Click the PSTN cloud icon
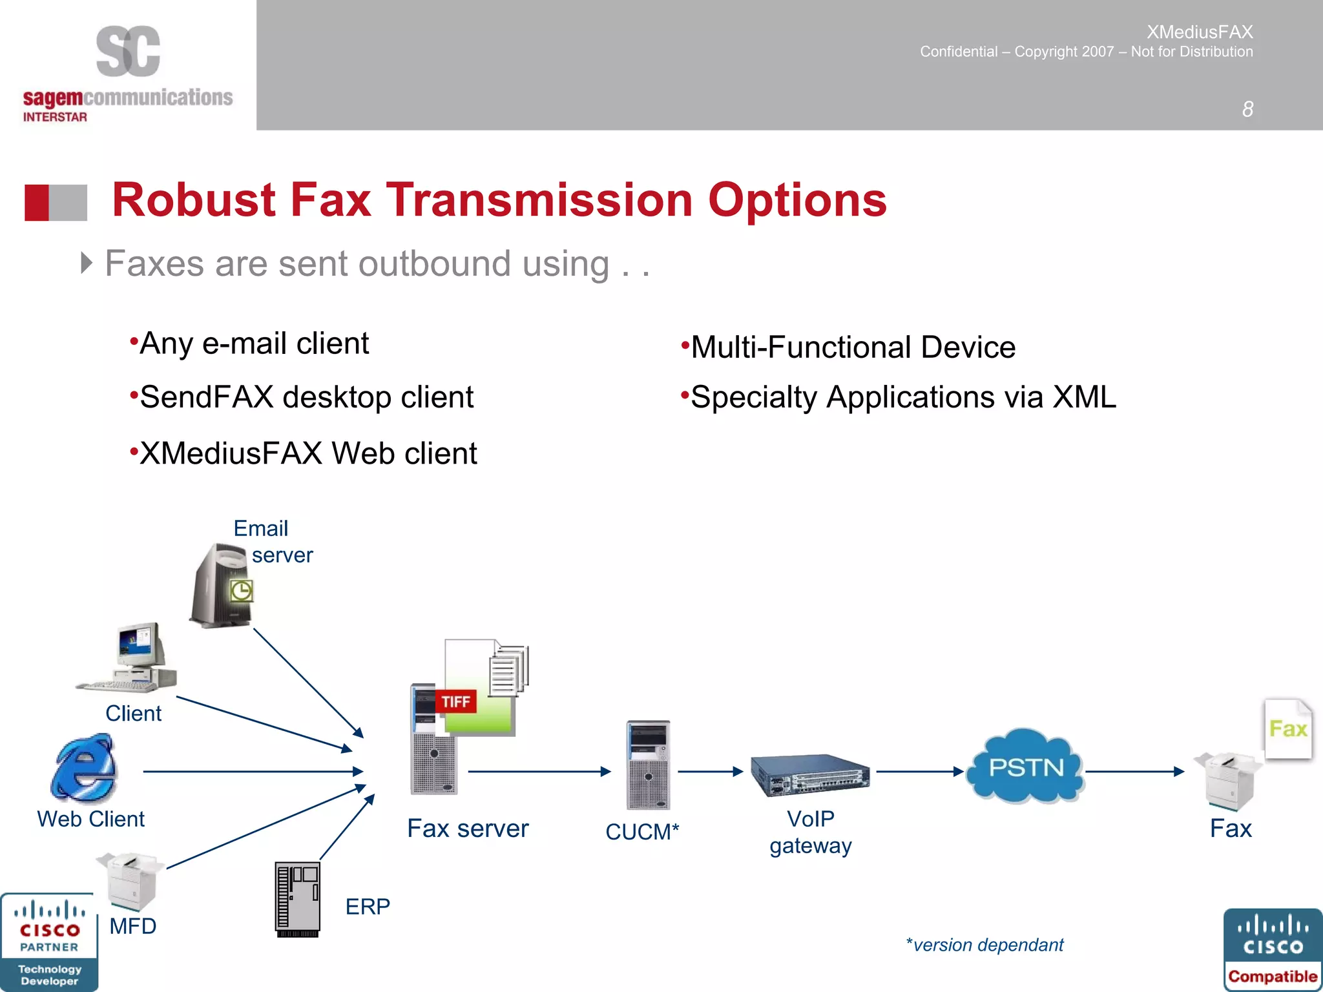click(x=1026, y=767)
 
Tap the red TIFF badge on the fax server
click(x=456, y=701)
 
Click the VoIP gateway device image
click(x=810, y=775)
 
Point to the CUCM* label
click(x=642, y=832)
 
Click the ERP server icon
click(x=297, y=899)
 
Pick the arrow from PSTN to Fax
click(x=1134, y=771)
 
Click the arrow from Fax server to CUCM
click(x=539, y=771)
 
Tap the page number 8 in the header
click(x=1247, y=109)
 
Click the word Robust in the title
click(x=194, y=200)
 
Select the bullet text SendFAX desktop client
click(x=306, y=397)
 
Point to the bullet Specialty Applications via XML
click(x=903, y=397)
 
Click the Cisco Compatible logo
click(x=1272, y=949)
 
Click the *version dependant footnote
click(x=984, y=945)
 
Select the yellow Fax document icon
click(x=1288, y=728)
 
